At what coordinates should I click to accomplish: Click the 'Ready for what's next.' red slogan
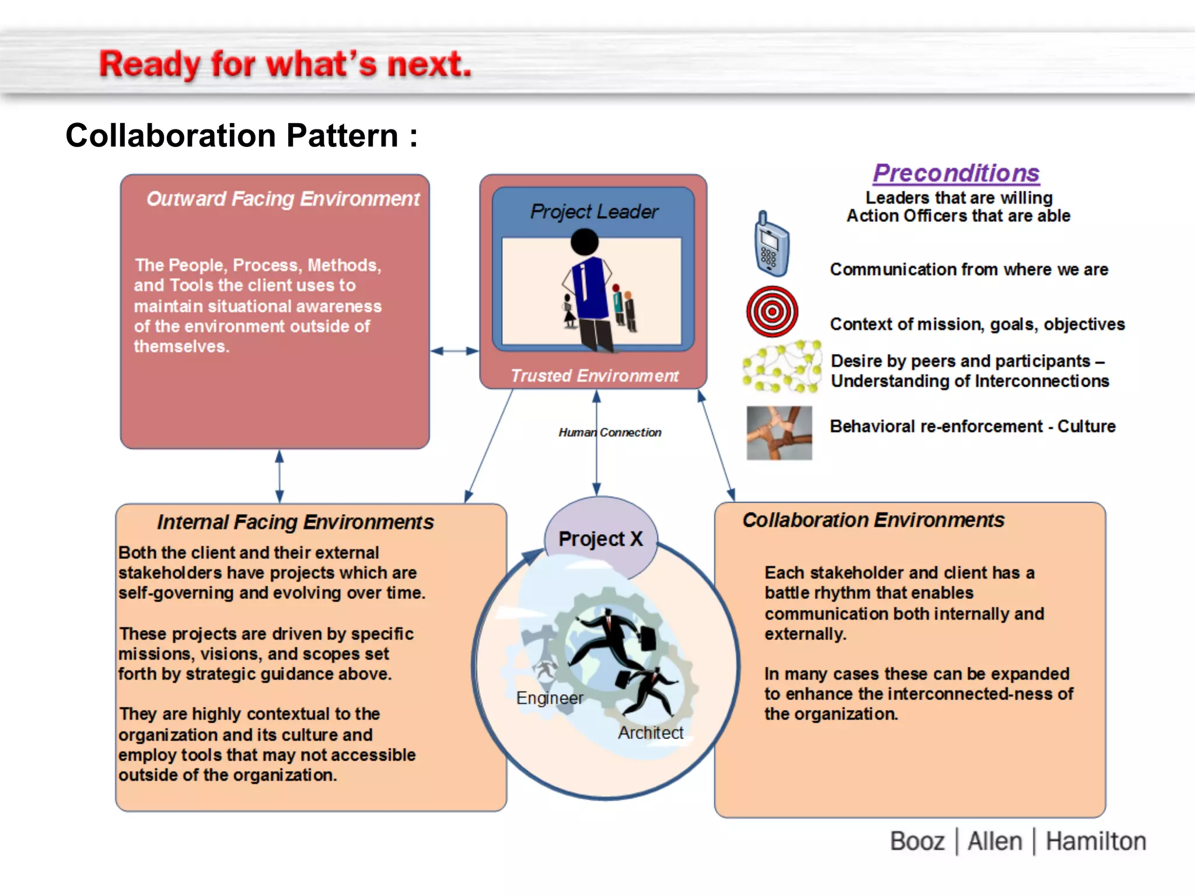pyautogui.click(x=285, y=64)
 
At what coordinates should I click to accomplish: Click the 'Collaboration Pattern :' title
pyautogui.click(x=242, y=136)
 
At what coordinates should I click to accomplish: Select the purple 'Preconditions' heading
pyautogui.click(x=956, y=173)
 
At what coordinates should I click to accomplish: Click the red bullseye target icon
pyautogui.click(x=772, y=311)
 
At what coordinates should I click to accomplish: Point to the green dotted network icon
pyautogui.click(x=781, y=367)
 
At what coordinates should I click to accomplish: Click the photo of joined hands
pyautogui.click(x=779, y=433)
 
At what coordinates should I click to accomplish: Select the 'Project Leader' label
pyautogui.click(x=594, y=211)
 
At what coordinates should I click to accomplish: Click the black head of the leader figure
pyautogui.click(x=585, y=242)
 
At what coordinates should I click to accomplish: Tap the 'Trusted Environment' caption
pyautogui.click(x=594, y=376)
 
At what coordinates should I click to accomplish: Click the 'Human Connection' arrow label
pyautogui.click(x=610, y=432)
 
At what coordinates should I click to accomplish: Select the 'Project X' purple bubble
pyautogui.click(x=600, y=538)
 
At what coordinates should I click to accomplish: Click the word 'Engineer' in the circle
pyautogui.click(x=549, y=698)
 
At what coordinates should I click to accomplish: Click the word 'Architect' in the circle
pyautogui.click(x=650, y=733)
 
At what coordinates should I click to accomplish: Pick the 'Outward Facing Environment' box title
pyautogui.click(x=282, y=199)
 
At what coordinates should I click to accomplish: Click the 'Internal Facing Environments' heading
pyautogui.click(x=295, y=521)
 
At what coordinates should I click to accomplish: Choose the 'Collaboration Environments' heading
pyautogui.click(x=873, y=520)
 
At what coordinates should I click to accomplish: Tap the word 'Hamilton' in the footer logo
pyautogui.click(x=1095, y=842)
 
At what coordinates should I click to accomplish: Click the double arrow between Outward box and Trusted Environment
pyautogui.click(x=455, y=351)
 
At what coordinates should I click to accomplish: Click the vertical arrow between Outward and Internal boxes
pyautogui.click(x=279, y=476)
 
